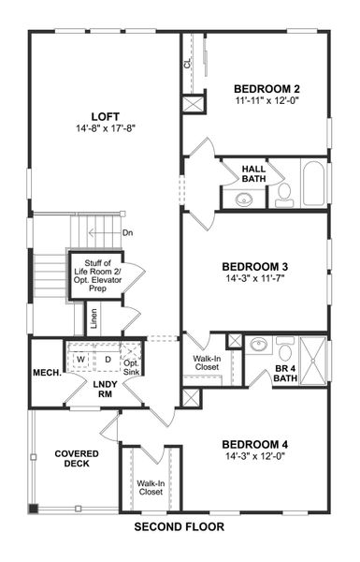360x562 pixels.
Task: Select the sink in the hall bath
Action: point(244,198)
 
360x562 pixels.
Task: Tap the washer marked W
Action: point(81,359)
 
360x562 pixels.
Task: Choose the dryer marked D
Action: point(107,359)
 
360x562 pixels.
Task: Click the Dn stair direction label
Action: point(127,234)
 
